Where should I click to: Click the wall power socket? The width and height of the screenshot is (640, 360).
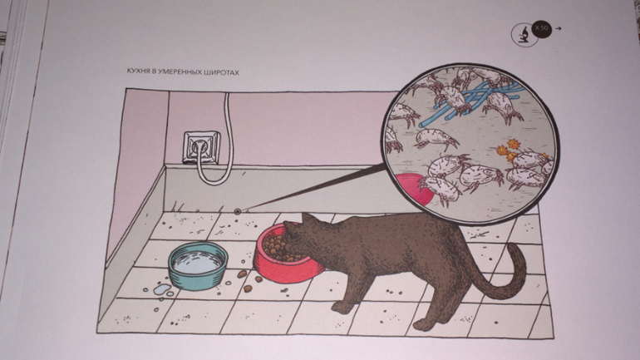(x=201, y=146)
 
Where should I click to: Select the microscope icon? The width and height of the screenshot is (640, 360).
(x=524, y=34)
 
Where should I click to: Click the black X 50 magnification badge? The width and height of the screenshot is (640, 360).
(x=542, y=28)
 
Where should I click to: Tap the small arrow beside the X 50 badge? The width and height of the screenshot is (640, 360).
(x=559, y=28)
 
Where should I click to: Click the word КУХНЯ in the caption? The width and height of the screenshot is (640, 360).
(x=138, y=72)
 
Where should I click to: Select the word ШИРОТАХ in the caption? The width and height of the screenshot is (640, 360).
(x=224, y=72)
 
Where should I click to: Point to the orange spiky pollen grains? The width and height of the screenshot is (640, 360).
(x=507, y=151)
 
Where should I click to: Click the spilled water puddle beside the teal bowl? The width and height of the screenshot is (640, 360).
(x=162, y=289)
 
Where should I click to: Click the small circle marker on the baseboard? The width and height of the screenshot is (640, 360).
(x=237, y=211)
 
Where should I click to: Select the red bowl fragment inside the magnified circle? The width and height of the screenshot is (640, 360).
(x=413, y=189)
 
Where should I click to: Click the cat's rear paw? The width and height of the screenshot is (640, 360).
(x=422, y=325)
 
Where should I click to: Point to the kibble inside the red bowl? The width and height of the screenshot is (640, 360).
(x=278, y=248)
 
